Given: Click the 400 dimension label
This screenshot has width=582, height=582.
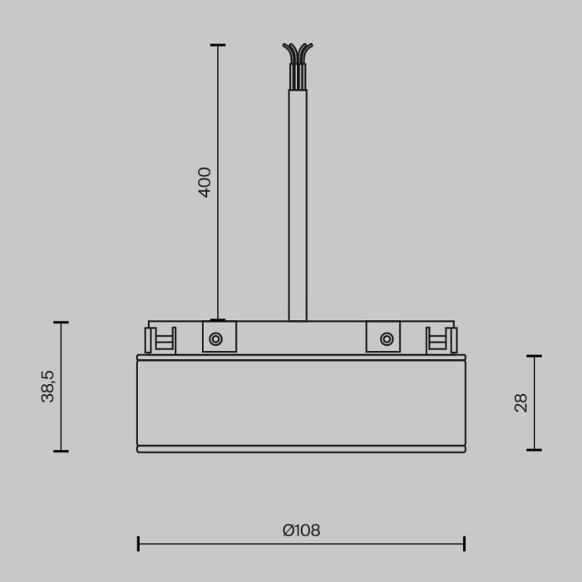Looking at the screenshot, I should pos(205,182).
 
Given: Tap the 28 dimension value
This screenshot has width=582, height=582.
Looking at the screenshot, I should pos(521,403).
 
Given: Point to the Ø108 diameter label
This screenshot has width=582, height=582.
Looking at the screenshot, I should pos(301,530).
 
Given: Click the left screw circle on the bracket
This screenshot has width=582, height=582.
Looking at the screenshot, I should pos(215,338).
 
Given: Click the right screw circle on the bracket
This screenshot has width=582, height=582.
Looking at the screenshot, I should pos(387,338).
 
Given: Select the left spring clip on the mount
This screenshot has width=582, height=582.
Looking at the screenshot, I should pos(160,340).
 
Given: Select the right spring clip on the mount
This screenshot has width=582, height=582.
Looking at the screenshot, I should pos(441,340).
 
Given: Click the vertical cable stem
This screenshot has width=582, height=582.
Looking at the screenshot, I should pos(297,208).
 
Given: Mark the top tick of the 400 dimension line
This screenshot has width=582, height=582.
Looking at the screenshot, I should pos(218,45).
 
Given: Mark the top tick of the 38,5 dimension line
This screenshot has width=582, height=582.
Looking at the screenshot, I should pos(61,323).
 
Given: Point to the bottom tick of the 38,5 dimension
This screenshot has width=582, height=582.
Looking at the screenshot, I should pos(61,451).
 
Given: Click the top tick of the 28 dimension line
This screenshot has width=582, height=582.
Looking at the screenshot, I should pos(534,356).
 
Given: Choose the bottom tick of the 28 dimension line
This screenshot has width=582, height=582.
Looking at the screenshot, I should pos(534,450).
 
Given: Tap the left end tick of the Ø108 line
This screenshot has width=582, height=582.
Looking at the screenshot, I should pos(138,544).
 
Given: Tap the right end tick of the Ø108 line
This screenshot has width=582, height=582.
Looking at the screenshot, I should pos(464,544).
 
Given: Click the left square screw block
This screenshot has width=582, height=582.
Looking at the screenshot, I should pos(220,337).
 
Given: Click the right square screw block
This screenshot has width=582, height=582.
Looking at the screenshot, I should pos(382,337).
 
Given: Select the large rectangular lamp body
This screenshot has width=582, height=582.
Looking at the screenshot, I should pos(301,403).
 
